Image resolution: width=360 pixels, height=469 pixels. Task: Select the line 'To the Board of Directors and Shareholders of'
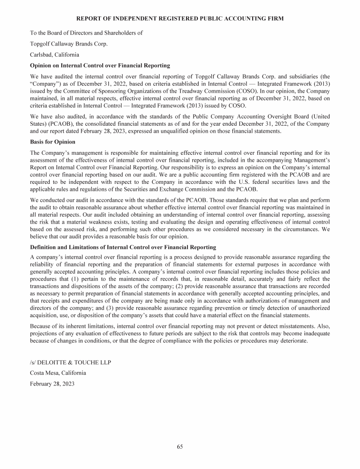86,33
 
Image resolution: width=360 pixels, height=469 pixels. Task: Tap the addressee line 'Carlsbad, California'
54,54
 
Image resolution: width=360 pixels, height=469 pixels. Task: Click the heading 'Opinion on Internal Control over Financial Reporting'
99,65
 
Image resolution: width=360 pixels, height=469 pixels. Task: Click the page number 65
180,446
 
